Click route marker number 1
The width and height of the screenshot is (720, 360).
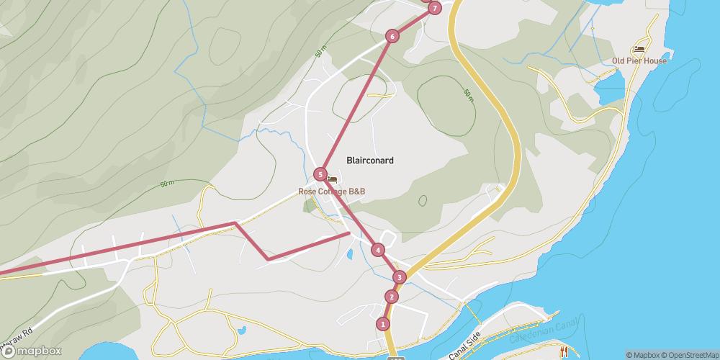[x=382, y=324]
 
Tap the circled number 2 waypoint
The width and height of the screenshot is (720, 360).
[x=391, y=297]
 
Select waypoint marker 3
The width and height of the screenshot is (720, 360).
[x=400, y=277]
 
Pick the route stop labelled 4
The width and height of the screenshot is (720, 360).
[x=378, y=250]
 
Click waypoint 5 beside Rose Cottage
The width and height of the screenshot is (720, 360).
[x=320, y=174]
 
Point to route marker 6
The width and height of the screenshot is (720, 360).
[x=392, y=36]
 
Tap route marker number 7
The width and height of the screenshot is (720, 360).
[x=434, y=9]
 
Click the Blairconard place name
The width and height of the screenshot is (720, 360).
[x=370, y=161]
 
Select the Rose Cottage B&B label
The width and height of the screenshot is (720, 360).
[x=332, y=192]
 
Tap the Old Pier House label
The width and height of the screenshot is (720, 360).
[x=639, y=60]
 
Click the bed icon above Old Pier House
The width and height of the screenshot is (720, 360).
[x=639, y=49]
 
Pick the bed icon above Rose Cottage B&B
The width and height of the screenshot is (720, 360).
[x=332, y=179]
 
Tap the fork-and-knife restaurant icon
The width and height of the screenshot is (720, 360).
[x=564, y=351]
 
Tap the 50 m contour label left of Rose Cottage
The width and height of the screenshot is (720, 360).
[x=167, y=184]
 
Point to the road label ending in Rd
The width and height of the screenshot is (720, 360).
[x=17, y=333]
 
